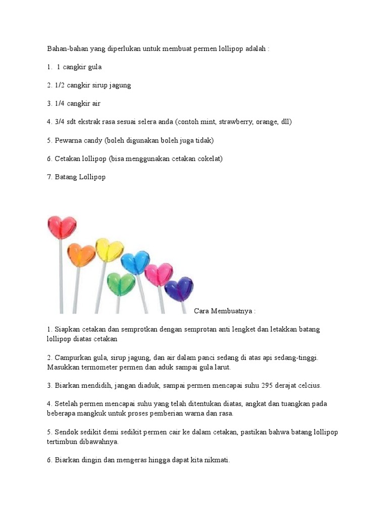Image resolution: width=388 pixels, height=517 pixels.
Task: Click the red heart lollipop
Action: tap(62, 227)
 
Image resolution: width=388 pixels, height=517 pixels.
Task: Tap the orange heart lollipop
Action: tap(81, 255)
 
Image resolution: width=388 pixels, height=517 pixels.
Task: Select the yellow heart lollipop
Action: tap(110, 250)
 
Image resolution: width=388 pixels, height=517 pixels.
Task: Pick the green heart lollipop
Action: tap(121, 284)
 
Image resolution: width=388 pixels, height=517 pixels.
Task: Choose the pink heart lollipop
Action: tap(159, 275)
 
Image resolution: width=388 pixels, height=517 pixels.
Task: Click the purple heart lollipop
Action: tap(179, 289)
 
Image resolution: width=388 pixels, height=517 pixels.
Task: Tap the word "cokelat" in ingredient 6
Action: tap(211, 159)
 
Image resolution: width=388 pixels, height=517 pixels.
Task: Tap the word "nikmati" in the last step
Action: tap(217, 460)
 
